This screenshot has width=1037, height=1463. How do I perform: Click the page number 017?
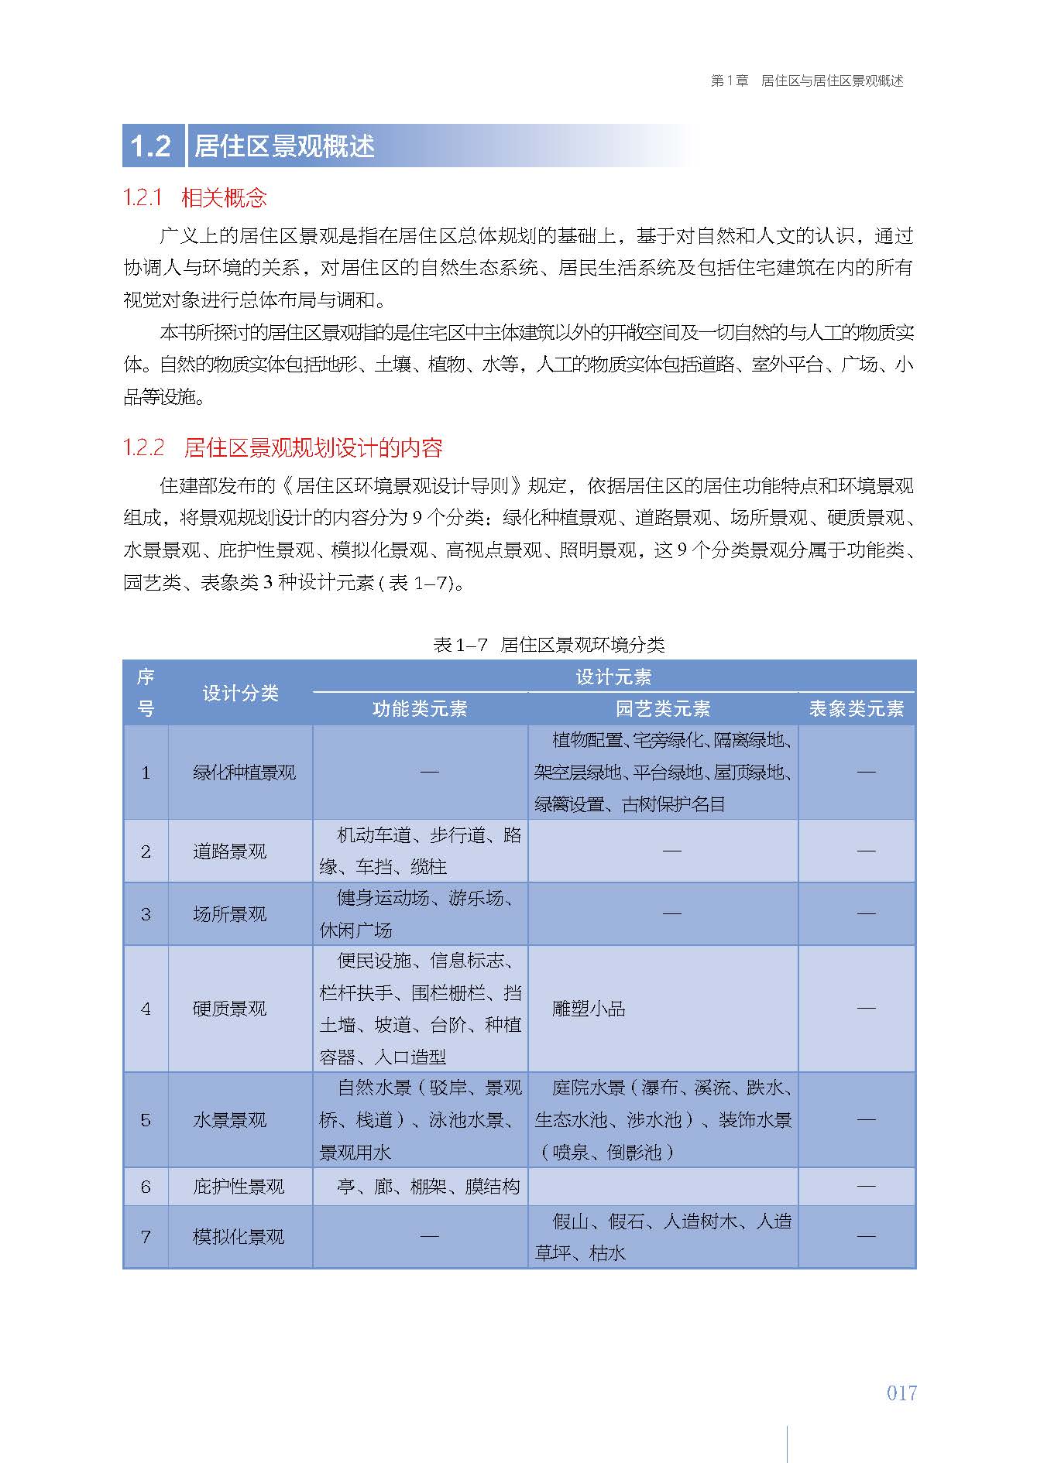point(901,1393)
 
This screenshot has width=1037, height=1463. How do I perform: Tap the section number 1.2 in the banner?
point(150,146)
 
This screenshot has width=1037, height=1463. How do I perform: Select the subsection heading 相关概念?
point(224,198)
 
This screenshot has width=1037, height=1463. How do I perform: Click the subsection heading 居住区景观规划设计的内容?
point(313,447)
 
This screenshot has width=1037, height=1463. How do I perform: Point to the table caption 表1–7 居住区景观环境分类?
point(548,644)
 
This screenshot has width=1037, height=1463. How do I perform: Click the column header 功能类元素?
point(420,708)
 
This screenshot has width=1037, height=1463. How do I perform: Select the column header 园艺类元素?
point(662,708)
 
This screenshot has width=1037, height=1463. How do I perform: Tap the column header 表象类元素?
point(856,708)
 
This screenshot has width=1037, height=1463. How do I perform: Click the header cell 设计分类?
point(240,693)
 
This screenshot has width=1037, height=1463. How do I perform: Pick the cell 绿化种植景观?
point(244,773)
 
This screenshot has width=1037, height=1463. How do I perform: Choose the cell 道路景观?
point(229,851)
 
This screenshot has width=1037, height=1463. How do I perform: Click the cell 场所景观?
point(229,914)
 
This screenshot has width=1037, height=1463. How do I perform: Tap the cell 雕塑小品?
point(588,1009)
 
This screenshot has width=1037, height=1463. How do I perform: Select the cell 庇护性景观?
point(239,1187)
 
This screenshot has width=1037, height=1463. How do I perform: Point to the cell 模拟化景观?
point(239,1237)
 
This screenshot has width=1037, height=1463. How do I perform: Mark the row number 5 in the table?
point(146,1120)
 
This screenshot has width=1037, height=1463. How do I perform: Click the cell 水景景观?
point(229,1120)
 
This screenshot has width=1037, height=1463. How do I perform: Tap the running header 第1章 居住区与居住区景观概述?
point(806,81)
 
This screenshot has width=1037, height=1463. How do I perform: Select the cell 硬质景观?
point(229,1009)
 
